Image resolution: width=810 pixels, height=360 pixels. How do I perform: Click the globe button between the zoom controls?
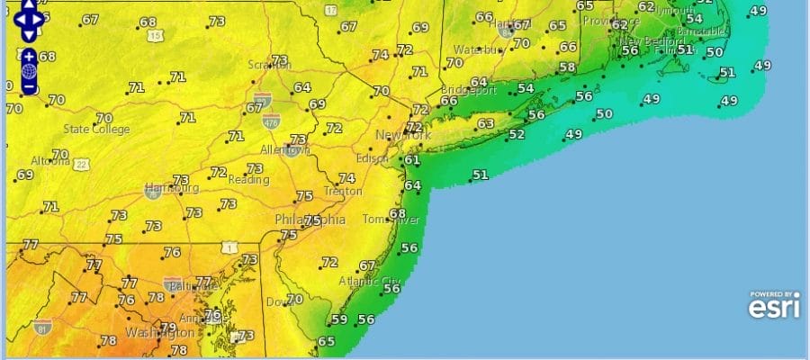tap(29, 71)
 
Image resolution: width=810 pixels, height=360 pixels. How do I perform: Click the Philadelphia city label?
tap(310, 220)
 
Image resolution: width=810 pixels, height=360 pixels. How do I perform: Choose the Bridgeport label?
tap(469, 91)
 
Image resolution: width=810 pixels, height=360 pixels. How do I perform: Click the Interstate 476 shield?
tap(270, 119)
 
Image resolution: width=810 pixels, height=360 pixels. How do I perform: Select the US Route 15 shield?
tap(156, 35)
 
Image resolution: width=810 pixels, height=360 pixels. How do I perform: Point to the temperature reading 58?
tap(567, 67)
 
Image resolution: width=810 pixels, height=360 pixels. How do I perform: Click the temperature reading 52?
tap(517, 135)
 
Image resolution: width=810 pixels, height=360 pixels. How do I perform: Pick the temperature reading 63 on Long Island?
tap(486, 123)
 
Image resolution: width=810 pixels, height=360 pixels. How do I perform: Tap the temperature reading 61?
tap(412, 160)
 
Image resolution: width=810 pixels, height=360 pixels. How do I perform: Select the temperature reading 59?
tap(339, 319)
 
